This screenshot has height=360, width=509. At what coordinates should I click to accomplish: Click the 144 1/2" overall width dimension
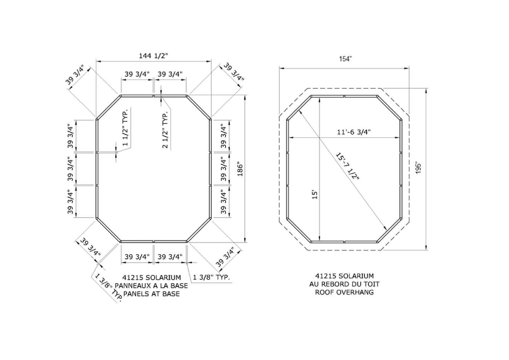click(x=153, y=56)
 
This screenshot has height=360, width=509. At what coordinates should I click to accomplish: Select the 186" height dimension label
click(x=240, y=169)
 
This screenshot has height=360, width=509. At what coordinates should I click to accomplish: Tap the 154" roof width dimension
click(x=345, y=59)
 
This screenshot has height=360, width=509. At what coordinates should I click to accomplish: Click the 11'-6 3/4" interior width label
click(x=353, y=132)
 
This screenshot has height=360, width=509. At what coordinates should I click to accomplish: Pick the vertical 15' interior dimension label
click(x=315, y=195)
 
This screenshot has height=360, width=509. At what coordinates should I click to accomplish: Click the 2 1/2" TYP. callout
click(x=165, y=129)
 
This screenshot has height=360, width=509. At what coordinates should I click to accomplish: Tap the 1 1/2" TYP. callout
click(x=125, y=128)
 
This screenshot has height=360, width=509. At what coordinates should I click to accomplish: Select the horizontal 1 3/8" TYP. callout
click(x=211, y=277)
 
